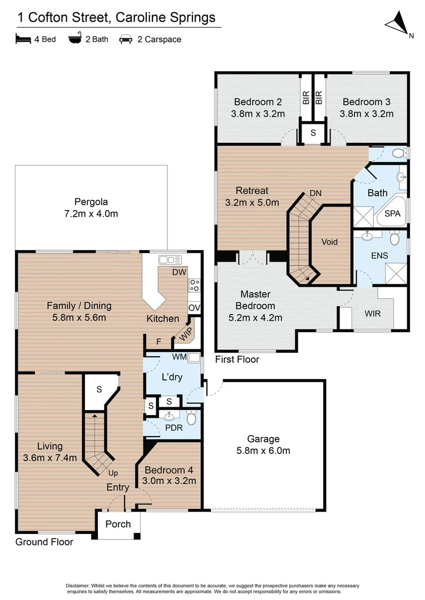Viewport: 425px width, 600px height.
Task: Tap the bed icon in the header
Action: pyautogui.click(x=22, y=39)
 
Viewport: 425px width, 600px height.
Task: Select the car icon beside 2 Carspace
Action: pyautogui.click(x=125, y=39)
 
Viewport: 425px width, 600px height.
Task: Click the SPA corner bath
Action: pyautogui.click(x=392, y=214)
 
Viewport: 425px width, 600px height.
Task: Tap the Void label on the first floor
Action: pyautogui.click(x=329, y=242)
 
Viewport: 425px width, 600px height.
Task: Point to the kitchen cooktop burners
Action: pyautogui.click(x=195, y=286)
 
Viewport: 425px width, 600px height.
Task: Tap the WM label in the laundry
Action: pyautogui.click(x=180, y=356)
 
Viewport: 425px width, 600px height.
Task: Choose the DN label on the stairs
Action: pyautogui.click(x=315, y=193)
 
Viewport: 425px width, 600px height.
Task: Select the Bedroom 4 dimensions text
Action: pyautogui.click(x=169, y=481)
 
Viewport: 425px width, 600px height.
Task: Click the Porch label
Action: pyautogui.click(x=118, y=524)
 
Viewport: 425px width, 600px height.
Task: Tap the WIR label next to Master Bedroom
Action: pyautogui.click(x=373, y=314)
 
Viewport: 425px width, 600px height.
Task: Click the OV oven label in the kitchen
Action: pyautogui.click(x=194, y=308)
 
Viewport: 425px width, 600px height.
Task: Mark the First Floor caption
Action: pyautogui.click(x=237, y=359)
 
